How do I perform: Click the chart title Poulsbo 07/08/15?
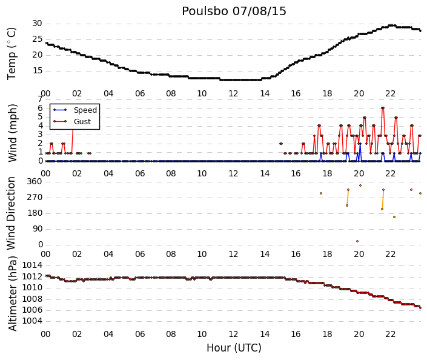(234, 12)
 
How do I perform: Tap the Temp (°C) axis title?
(12, 54)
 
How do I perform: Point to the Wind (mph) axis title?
(13, 133)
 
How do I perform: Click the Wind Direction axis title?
(11, 213)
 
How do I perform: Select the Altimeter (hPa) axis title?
(13, 293)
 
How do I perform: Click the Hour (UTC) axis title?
(234, 348)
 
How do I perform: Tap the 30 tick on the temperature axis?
(38, 24)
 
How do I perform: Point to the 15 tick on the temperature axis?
(38, 71)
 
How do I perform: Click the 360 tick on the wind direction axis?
(35, 181)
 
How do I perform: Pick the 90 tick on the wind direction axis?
(38, 228)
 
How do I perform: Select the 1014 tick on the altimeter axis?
(32, 265)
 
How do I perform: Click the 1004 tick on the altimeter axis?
(32, 321)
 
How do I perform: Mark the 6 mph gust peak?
(383, 108)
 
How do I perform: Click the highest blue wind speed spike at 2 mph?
(360, 144)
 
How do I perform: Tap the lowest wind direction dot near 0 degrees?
(357, 241)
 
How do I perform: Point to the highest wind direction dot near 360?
(360, 185)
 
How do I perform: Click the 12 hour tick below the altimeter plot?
(233, 334)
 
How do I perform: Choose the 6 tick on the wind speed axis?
(41, 108)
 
